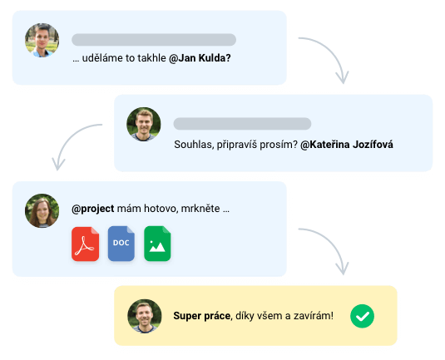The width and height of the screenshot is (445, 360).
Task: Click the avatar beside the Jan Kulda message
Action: point(42,40)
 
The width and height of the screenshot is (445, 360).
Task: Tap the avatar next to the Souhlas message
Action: point(144,124)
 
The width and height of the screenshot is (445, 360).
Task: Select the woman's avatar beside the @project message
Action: point(42,211)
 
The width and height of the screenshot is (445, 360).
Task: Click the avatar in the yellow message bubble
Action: point(145,316)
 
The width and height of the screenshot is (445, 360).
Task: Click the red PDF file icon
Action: point(86,244)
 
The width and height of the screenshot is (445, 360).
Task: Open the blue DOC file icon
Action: point(121,244)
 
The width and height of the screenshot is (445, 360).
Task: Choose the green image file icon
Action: point(157,244)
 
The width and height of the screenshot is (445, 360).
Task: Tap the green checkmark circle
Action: point(362,316)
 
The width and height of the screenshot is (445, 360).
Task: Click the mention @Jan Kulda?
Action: point(200,58)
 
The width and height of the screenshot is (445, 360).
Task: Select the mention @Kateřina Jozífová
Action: point(347,145)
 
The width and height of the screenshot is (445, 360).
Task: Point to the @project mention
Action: point(93,209)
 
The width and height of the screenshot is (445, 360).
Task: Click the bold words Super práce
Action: point(202,316)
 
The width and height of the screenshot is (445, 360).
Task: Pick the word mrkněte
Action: point(200,209)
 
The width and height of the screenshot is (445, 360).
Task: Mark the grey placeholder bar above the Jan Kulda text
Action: point(154,40)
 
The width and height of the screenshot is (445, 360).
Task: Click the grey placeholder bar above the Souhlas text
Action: point(242,124)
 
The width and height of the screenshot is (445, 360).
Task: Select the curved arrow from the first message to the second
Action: point(332,51)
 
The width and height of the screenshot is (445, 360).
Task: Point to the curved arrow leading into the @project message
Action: point(69,137)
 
